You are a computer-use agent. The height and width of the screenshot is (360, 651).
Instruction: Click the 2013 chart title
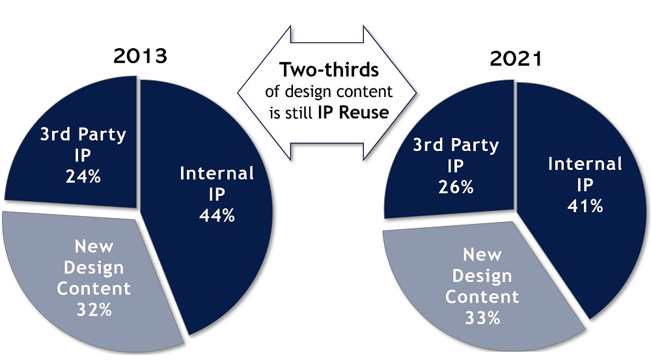point(141,55)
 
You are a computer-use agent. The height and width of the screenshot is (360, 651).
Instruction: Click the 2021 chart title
point(516,59)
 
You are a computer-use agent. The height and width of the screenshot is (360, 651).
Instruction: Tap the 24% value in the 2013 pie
point(83,177)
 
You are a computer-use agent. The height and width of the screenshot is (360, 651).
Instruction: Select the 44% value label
point(217,215)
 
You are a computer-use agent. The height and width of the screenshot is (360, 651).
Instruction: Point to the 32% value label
point(94,310)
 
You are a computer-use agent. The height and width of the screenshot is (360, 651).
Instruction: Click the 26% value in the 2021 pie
point(456,187)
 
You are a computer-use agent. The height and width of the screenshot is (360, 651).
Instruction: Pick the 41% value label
point(585,206)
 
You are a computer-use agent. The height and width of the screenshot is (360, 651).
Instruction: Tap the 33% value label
point(482,318)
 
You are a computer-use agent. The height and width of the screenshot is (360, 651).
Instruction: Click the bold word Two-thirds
point(329,70)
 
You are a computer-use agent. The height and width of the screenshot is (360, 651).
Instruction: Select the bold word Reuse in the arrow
point(364,113)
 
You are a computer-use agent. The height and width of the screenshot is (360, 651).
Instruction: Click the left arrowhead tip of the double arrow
point(238,92)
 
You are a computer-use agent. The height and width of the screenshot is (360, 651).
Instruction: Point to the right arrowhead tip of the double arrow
point(416,92)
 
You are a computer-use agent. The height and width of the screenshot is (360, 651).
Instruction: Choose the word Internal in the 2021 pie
point(585,164)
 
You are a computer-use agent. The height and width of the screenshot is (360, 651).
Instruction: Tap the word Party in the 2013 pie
point(102,135)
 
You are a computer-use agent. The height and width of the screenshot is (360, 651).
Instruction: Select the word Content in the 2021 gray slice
point(482,297)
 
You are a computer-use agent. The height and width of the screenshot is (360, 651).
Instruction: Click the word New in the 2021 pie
point(482,255)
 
